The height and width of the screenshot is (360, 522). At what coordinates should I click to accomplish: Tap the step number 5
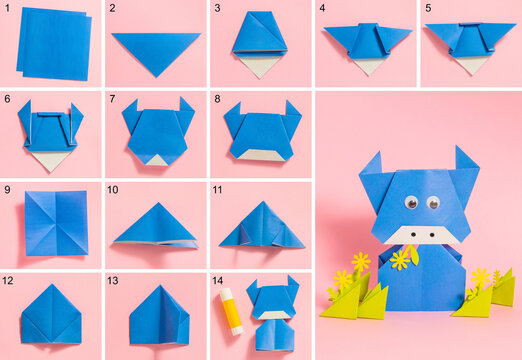(x=428, y=8)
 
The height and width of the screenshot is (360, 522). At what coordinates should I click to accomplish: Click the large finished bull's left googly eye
(x=410, y=203)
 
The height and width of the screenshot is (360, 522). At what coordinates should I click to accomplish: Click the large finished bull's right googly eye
(x=433, y=203)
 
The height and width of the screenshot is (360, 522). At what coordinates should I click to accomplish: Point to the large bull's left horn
(x=370, y=167)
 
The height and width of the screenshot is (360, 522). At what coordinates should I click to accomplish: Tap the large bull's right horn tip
(x=459, y=149)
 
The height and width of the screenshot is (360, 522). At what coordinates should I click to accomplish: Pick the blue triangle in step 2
(x=155, y=50)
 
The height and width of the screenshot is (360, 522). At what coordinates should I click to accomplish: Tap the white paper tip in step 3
(x=259, y=67)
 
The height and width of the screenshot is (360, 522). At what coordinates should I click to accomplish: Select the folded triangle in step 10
(x=155, y=226)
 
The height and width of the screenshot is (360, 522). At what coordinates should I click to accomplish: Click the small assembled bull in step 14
(x=273, y=313)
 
